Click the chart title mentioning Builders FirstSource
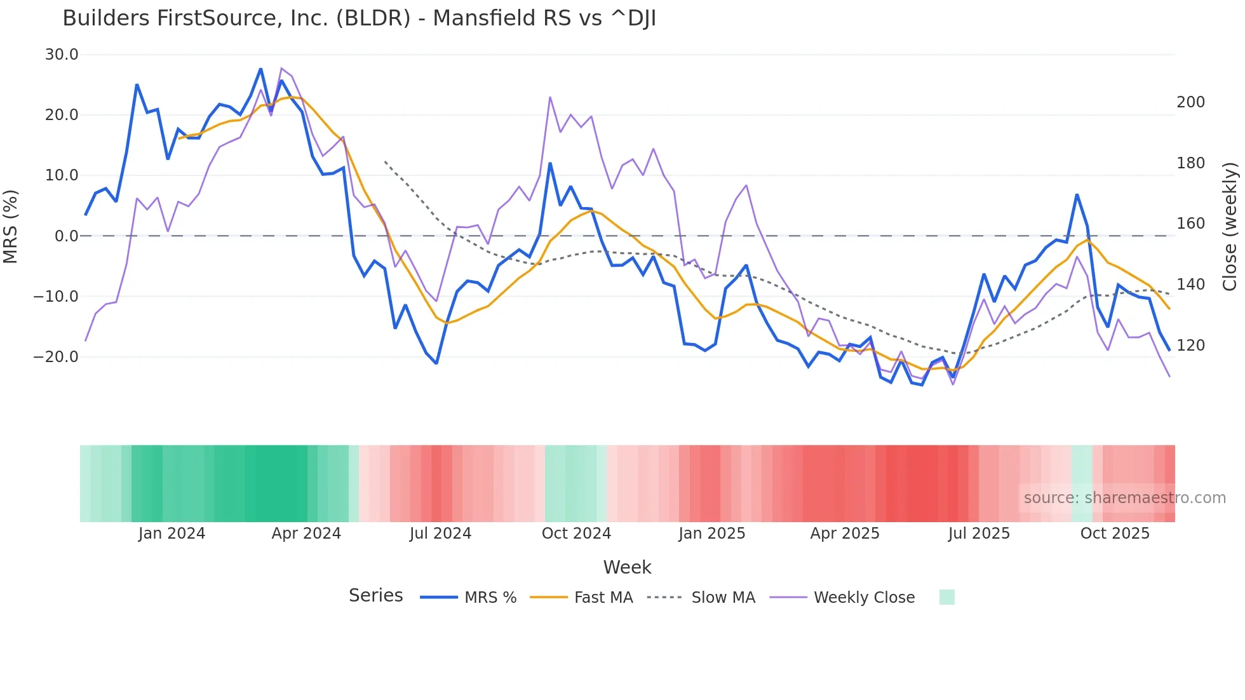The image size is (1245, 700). click(x=359, y=18)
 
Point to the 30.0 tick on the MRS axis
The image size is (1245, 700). click(x=62, y=55)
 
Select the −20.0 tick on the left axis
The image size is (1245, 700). click(x=56, y=357)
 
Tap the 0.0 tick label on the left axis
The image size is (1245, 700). click(x=66, y=236)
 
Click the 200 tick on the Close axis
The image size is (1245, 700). click(x=1190, y=102)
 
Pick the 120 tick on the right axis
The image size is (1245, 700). click(x=1190, y=346)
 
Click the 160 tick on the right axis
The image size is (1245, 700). click(x=1190, y=224)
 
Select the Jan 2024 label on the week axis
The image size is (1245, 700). click(x=172, y=534)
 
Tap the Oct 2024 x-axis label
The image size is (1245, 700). click(x=576, y=534)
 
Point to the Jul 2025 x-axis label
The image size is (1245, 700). click(x=979, y=534)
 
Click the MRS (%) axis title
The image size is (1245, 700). click(x=11, y=226)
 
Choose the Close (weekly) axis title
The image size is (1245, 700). click(x=1230, y=227)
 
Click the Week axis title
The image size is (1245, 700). click(x=627, y=567)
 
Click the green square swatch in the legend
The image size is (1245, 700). click(x=946, y=597)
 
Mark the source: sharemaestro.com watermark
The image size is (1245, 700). click(x=1124, y=498)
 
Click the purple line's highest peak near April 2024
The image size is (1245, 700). click(x=281, y=68)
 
